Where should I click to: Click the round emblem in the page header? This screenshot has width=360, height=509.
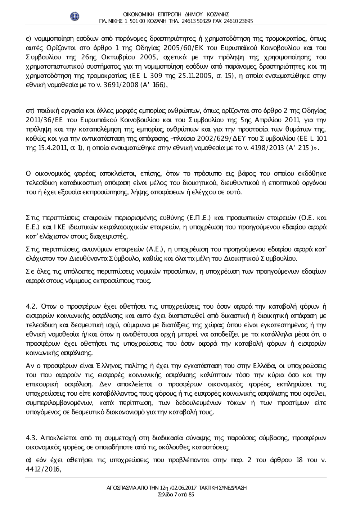coord(75,16)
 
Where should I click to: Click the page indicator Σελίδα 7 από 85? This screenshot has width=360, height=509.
coord(176,495)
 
